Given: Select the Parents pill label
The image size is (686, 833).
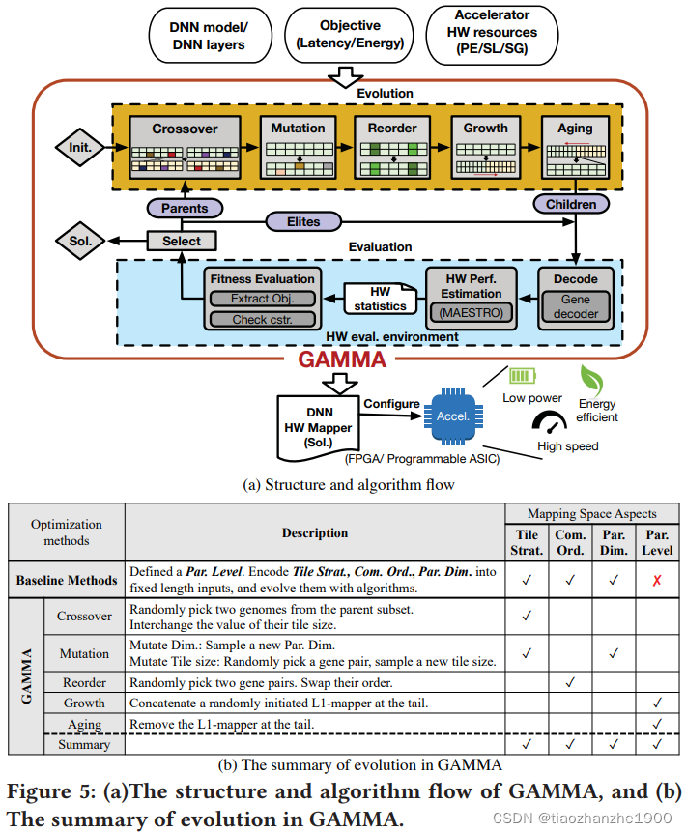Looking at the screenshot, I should point(185,208).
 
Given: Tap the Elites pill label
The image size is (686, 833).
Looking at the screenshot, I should point(303,221).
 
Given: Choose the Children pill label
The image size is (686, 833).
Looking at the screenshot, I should point(571,204).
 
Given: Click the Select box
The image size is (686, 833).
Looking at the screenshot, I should point(182,241).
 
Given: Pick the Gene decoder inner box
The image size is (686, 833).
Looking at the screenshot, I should point(576,307).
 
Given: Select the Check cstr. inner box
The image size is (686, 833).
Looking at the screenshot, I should point(258,320).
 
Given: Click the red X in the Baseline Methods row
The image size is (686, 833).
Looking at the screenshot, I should point(657,580).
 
